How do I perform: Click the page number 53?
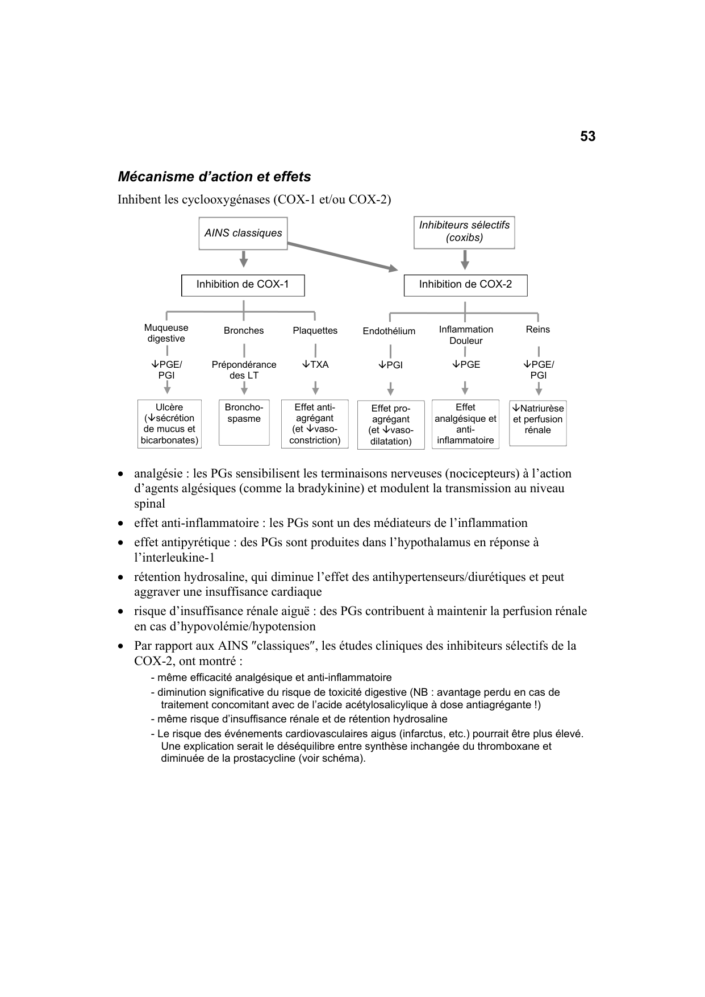pyautogui.click(x=587, y=136)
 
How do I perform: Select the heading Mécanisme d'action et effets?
pyautogui.click(x=214, y=177)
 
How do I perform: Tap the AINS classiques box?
pyautogui.click(x=243, y=233)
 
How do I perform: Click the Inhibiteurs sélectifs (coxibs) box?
pyautogui.click(x=464, y=231)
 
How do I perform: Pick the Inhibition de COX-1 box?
pyautogui.click(x=243, y=285)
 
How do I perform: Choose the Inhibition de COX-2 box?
pyautogui.click(x=465, y=285)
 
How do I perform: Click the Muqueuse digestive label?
pyautogui.click(x=166, y=333)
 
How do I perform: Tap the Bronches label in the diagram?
pyautogui.click(x=244, y=331)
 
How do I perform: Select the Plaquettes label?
pyautogui.click(x=315, y=331)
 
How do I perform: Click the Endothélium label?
pyautogui.click(x=389, y=331)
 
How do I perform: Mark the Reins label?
pyautogui.click(x=537, y=330)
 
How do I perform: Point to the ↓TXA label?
pyautogui.click(x=315, y=365)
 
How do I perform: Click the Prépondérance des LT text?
pyautogui.click(x=244, y=370)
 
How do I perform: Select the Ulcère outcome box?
pyautogui.click(x=169, y=423)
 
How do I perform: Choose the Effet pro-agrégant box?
pyautogui.click(x=390, y=425)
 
